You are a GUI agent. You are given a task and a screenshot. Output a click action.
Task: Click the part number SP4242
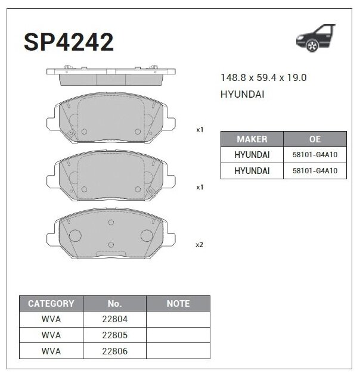(69, 42)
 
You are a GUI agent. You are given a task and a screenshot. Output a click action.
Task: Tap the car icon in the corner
(316, 38)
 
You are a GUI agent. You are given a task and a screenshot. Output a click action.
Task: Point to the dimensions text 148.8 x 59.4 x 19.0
(263, 78)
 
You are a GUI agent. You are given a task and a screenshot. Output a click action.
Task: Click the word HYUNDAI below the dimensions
(243, 95)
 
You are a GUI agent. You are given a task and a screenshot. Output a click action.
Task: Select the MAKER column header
(252, 139)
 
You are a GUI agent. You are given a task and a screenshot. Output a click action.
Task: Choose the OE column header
(315, 139)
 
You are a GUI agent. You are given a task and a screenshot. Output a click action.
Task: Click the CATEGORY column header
(51, 304)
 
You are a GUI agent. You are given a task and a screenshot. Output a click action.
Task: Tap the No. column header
(114, 304)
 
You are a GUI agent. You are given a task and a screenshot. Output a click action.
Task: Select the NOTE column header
(178, 304)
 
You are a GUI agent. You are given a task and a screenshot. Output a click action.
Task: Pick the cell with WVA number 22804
(114, 319)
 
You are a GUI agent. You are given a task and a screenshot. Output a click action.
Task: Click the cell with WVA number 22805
(114, 335)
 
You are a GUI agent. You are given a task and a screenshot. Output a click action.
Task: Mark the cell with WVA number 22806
(114, 351)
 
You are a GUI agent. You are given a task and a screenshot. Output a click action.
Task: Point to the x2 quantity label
(200, 245)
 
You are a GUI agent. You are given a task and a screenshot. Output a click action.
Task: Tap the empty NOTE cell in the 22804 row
(178, 319)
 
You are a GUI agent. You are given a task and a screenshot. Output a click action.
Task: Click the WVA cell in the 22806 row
(51, 351)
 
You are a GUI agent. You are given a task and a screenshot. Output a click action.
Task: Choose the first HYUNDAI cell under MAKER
(252, 155)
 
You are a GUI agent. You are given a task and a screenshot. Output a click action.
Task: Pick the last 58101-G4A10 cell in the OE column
(315, 171)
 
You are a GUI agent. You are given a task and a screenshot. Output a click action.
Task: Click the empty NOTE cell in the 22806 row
(178, 351)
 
